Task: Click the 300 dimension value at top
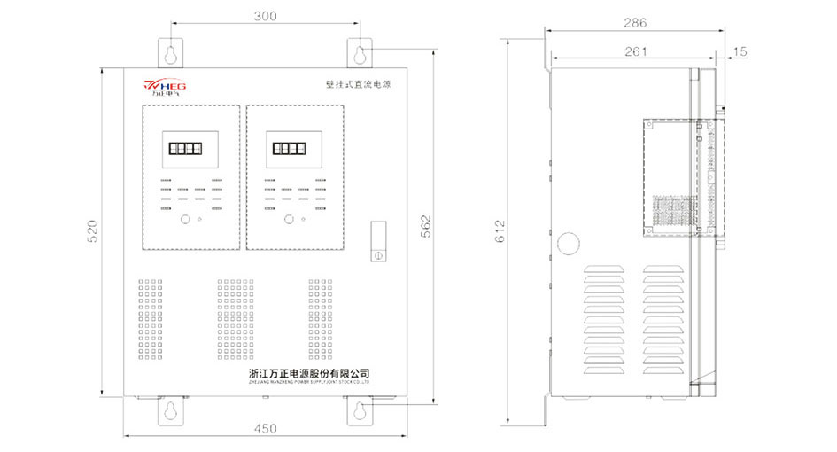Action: (x=265, y=16)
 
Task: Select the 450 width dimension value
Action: (x=265, y=428)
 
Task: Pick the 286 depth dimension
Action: (x=635, y=23)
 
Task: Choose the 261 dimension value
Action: (x=635, y=51)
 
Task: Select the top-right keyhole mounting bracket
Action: (x=360, y=52)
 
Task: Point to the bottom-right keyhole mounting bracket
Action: (x=360, y=409)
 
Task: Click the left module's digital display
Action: (x=190, y=149)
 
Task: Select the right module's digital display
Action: (x=292, y=149)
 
